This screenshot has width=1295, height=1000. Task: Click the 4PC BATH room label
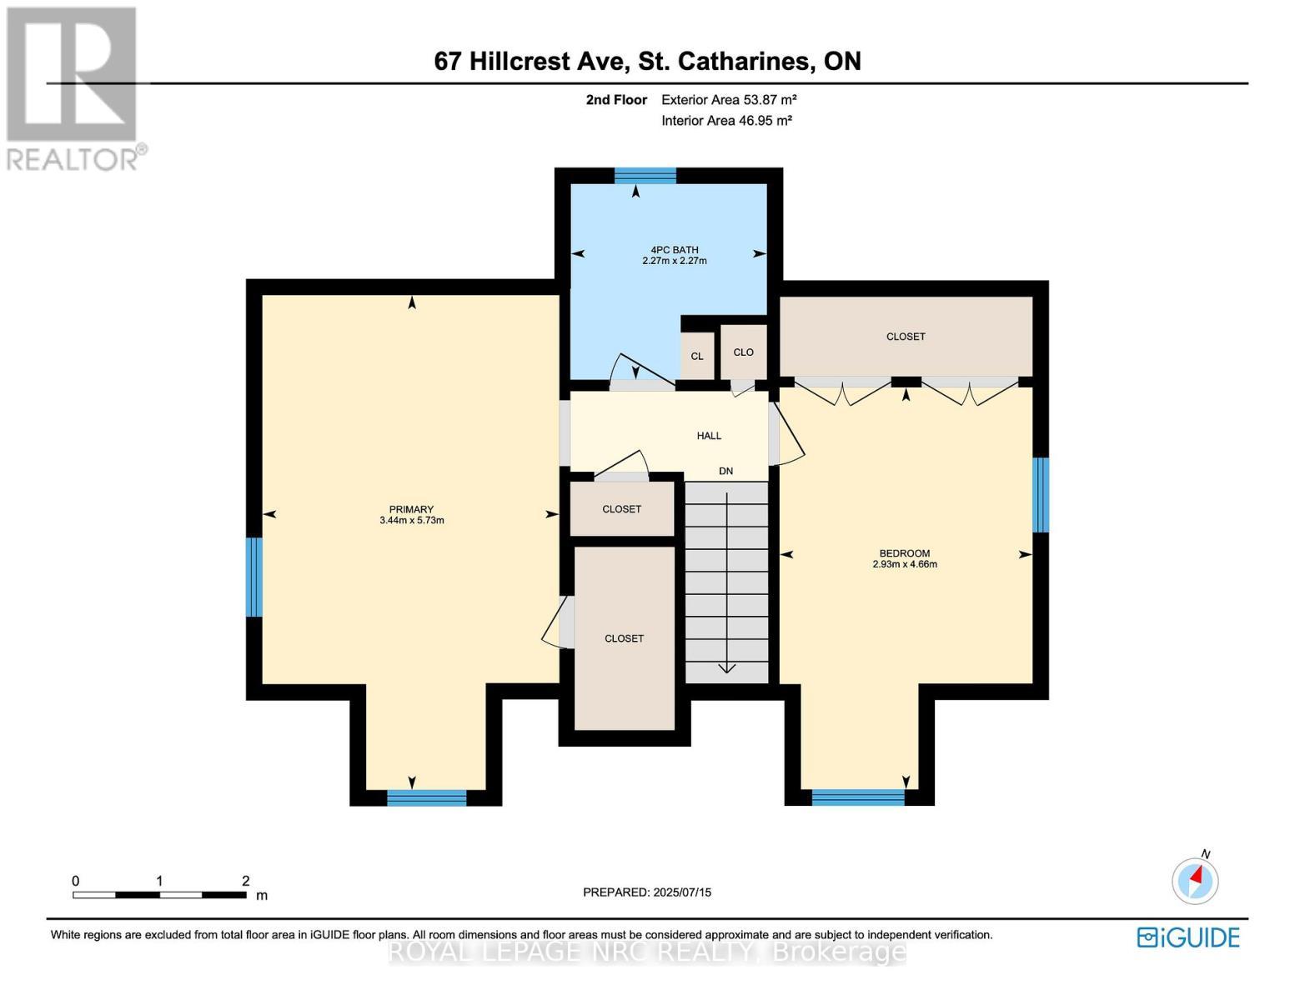[674, 249]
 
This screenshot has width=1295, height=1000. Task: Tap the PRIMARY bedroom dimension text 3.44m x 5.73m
[411, 521]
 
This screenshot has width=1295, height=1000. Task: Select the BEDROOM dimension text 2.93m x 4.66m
[904, 564]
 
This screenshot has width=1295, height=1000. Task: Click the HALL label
[709, 436]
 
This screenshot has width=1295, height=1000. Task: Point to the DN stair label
[725, 471]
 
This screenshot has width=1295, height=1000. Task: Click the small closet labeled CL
[697, 356]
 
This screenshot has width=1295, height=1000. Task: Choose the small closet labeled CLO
[743, 352]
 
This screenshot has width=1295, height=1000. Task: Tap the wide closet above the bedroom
[906, 337]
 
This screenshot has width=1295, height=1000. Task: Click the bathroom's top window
[645, 175]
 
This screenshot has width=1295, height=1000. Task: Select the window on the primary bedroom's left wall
[254, 577]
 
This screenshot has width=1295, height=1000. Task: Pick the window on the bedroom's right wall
[1040, 494]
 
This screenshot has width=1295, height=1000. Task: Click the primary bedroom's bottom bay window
[426, 797]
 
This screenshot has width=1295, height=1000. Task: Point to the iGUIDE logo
[1188, 937]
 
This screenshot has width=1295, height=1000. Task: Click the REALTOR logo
[73, 87]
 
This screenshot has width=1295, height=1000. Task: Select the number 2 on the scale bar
[245, 881]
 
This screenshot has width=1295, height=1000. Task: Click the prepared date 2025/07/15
[681, 892]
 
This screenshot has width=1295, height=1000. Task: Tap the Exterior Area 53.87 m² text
[729, 100]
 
